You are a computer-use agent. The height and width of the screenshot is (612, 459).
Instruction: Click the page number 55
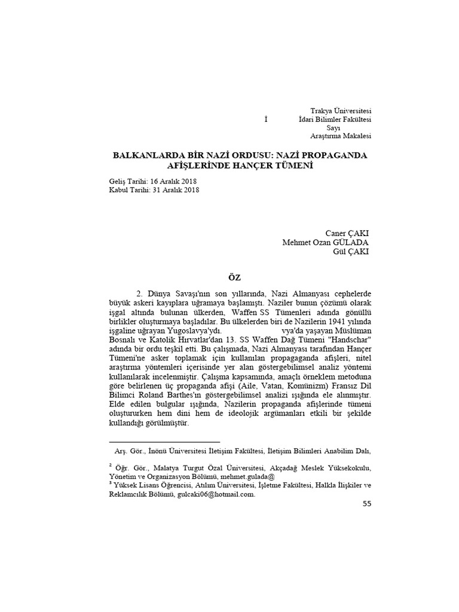pyautogui.click(x=367, y=504)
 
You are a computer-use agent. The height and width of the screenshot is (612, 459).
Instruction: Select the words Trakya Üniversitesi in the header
pyautogui.click(x=341, y=111)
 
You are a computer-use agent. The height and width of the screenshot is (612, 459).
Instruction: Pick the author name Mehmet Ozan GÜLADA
pyautogui.click(x=325, y=243)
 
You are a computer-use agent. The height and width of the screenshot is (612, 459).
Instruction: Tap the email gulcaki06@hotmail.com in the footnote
pyautogui.click(x=215, y=494)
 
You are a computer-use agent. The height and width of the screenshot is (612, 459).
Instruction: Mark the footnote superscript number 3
pyautogui.click(x=111, y=483)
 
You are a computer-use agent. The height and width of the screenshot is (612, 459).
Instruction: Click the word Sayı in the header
pyautogui.click(x=333, y=128)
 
